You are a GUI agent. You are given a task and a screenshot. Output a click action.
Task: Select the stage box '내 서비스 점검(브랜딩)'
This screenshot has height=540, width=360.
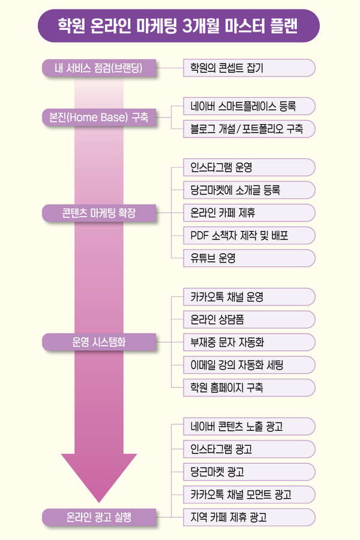click(100, 68)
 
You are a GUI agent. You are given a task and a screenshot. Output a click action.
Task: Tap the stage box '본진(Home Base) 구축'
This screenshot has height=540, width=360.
click(100, 117)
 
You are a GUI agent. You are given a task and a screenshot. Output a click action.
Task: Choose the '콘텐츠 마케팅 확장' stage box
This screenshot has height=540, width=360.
click(100, 212)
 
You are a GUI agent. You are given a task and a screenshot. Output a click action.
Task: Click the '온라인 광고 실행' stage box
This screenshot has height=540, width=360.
click(100, 516)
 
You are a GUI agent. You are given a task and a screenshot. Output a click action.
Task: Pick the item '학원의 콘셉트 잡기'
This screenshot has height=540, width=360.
click(249, 68)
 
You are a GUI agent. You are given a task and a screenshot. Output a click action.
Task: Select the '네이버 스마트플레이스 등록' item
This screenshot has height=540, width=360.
click(249, 106)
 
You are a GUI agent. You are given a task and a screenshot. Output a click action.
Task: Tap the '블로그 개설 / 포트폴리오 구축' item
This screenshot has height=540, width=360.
click(249, 128)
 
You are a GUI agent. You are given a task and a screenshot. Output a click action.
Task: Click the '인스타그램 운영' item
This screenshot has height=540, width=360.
click(249, 167)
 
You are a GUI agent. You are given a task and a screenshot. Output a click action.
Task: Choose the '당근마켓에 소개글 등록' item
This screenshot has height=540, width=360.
click(249, 190)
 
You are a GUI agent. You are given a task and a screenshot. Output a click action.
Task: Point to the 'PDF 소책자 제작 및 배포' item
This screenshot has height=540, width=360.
click(249, 235)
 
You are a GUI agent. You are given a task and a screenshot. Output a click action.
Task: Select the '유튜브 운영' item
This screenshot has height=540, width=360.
click(249, 258)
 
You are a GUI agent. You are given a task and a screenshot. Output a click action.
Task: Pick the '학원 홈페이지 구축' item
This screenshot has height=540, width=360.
click(249, 388)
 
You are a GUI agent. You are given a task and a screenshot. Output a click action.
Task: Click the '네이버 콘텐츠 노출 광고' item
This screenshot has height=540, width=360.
click(249, 427)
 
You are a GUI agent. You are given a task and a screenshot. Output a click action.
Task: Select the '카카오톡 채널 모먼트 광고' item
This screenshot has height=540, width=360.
click(249, 494)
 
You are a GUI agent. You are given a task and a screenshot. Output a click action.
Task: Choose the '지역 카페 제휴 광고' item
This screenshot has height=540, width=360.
click(249, 517)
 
